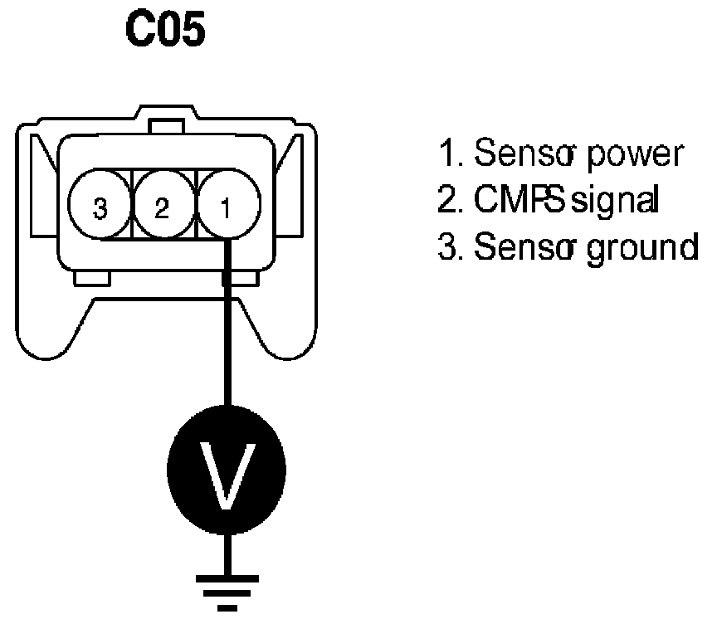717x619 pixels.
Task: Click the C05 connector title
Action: (164, 30)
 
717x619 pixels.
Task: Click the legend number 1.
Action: (448, 154)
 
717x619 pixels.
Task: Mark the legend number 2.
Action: (448, 200)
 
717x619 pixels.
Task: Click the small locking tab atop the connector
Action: (167, 126)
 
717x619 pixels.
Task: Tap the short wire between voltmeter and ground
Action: (227, 553)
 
